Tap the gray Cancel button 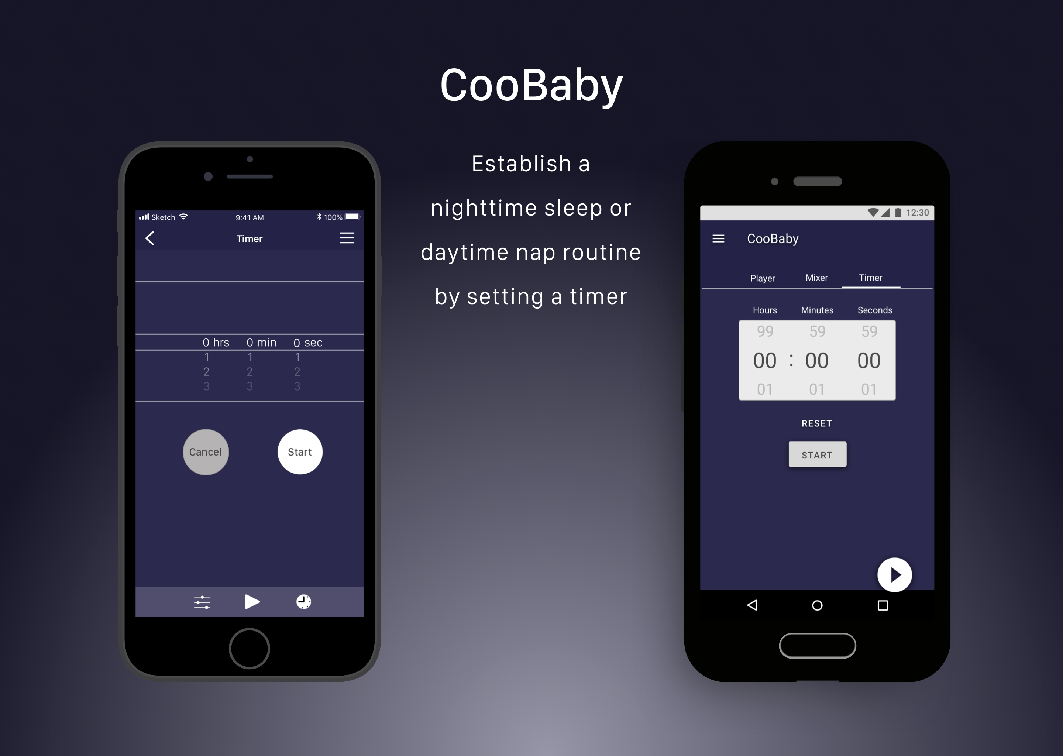click(x=206, y=452)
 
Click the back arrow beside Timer click(x=149, y=238)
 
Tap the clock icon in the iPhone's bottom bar click(x=303, y=602)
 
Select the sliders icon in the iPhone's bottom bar click(x=202, y=602)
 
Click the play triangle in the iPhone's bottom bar click(x=252, y=602)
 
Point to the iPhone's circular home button click(x=250, y=649)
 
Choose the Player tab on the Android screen click(x=762, y=278)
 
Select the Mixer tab click(x=817, y=278)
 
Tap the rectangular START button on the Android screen click(x=817, y=454)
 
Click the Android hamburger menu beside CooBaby click(x=718, y=239)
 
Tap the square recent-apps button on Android click(x=883, y=605)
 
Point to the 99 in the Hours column click(x=765, y=331)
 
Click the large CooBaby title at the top click(x=531, y=86)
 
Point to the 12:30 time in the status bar click(x=917, y=213)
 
